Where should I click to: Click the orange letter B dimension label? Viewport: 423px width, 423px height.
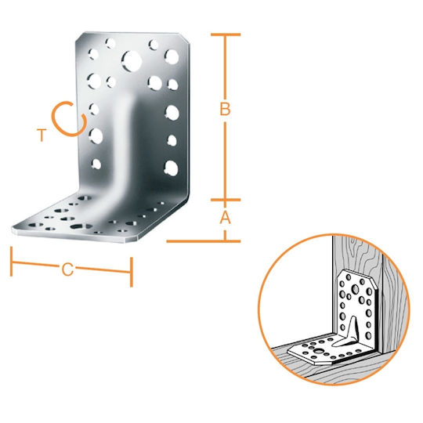coord(225,109)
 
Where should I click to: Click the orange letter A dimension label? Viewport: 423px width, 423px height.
coord(226,218)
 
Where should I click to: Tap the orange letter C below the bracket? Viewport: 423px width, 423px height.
coord(67,269)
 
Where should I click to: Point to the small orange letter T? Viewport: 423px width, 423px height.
coord(42,136)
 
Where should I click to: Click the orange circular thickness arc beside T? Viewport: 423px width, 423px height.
coord(57,126)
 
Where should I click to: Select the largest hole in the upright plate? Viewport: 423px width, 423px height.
coord(132,61)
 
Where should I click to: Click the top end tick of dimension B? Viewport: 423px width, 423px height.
coord(226,34)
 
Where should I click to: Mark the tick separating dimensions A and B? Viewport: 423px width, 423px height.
coord(226,200)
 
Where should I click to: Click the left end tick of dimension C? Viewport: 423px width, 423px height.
coord(11,261)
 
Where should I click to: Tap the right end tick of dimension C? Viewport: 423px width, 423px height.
coord(132,272)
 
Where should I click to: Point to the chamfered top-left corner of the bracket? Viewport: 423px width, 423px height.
coord(79,37)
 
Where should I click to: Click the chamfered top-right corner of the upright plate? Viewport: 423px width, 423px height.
coord(185,38)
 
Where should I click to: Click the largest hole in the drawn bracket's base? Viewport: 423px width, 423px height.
coord(320,351)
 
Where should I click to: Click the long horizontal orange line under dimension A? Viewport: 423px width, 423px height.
coord(204,241)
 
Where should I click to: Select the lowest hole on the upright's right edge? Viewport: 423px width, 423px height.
coord(171,168)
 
